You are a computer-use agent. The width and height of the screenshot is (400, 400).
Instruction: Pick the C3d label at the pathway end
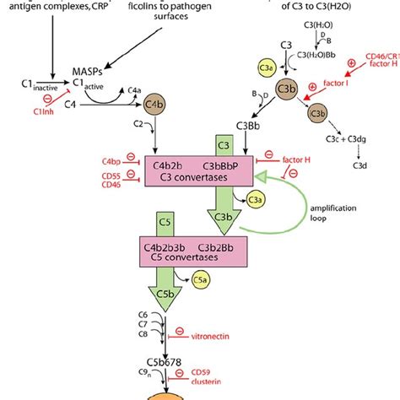[x=359, y=166]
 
